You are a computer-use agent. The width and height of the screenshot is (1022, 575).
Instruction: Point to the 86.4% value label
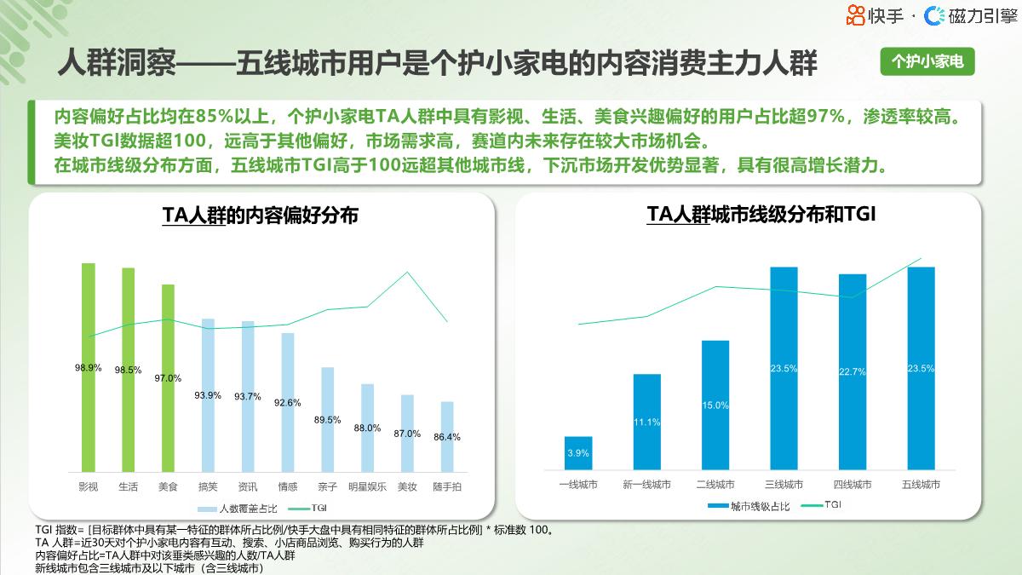click(447, 437)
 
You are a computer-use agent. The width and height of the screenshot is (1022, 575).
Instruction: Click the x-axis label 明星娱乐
click(367, 487)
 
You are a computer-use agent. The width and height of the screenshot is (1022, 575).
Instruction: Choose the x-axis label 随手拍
click(447, 487)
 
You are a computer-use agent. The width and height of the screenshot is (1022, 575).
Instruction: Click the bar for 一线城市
click(578, 453)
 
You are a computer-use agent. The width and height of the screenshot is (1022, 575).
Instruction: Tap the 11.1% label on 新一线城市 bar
click(646, 423)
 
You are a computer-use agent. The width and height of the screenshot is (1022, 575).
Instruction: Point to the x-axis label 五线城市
click(921, 485)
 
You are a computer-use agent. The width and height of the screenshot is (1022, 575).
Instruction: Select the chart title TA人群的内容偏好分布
click(260, 216)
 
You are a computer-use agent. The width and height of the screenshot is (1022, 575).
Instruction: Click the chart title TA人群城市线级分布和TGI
click(761, 215)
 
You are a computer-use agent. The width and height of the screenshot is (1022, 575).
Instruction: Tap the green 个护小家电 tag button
click(927, 61)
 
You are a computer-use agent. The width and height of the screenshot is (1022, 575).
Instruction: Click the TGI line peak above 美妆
click(407, 272)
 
